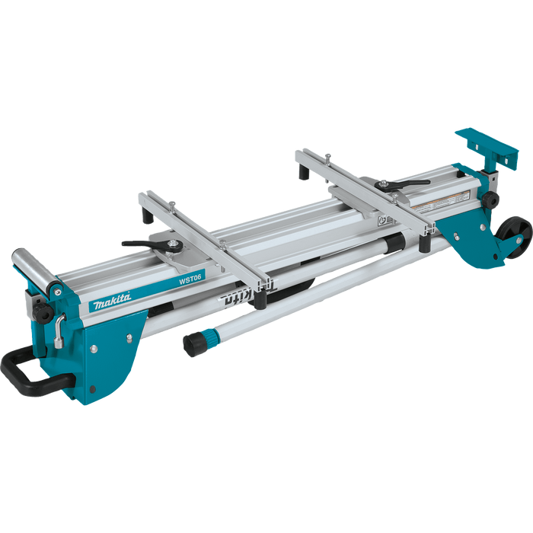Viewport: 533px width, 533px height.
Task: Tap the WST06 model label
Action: click(190, 279)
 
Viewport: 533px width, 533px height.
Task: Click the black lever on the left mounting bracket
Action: click(149, 244)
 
